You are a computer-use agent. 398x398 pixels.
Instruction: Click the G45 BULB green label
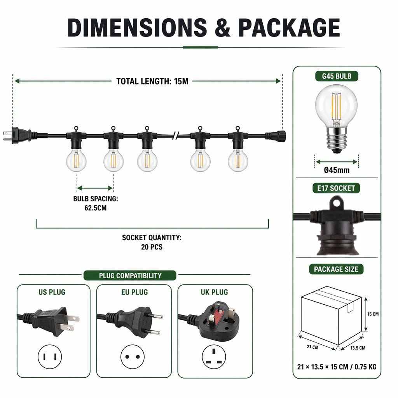[337, 76]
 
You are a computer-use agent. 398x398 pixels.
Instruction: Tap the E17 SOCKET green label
[336, 188]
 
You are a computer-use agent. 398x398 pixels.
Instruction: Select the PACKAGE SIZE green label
[336, 269]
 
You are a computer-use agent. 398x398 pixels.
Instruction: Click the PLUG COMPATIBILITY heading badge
[130, 276]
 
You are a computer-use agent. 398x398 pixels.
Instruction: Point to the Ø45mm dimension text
[337, 170]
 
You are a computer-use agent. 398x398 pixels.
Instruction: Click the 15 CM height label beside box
[373, 314]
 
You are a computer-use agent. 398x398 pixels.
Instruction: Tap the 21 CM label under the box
[312, 347]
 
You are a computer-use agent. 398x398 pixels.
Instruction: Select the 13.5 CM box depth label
[358, 348]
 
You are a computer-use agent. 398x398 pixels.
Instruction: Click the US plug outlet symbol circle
[49, 357]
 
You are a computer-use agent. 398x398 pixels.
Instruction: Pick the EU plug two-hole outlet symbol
[133, 357]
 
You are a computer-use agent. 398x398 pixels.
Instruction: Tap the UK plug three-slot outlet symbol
[214, 357]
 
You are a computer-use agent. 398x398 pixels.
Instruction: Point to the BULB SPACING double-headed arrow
[95, 188]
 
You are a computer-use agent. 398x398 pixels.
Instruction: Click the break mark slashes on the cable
[175, 136]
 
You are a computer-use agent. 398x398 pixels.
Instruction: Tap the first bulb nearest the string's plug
[76, 160]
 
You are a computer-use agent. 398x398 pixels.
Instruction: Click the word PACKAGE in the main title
[289, 28]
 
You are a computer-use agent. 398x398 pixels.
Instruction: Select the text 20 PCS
[152, 247]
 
